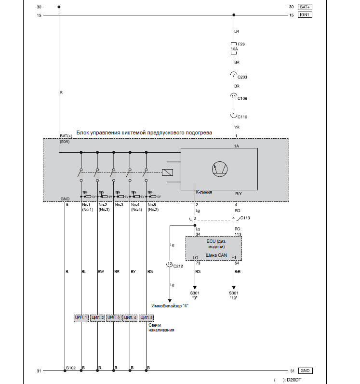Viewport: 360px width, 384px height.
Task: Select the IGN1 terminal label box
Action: click(x=305, y=15)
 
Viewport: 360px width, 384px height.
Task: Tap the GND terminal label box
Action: click(x=305, y=371)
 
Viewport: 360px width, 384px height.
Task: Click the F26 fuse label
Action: click(x=241, y=44)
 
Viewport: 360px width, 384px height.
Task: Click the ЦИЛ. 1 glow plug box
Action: click(x=81, y=318)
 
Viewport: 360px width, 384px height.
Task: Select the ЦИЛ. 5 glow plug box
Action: click(x=146, y=318)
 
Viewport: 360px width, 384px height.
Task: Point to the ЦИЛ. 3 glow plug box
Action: click(x=113, y=318)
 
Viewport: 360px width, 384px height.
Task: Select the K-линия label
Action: click(x=204, y=192)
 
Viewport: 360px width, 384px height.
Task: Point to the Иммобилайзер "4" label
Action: click(x=170, y=306)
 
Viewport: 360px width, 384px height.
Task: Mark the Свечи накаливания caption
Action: click(x=161, y=328)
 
